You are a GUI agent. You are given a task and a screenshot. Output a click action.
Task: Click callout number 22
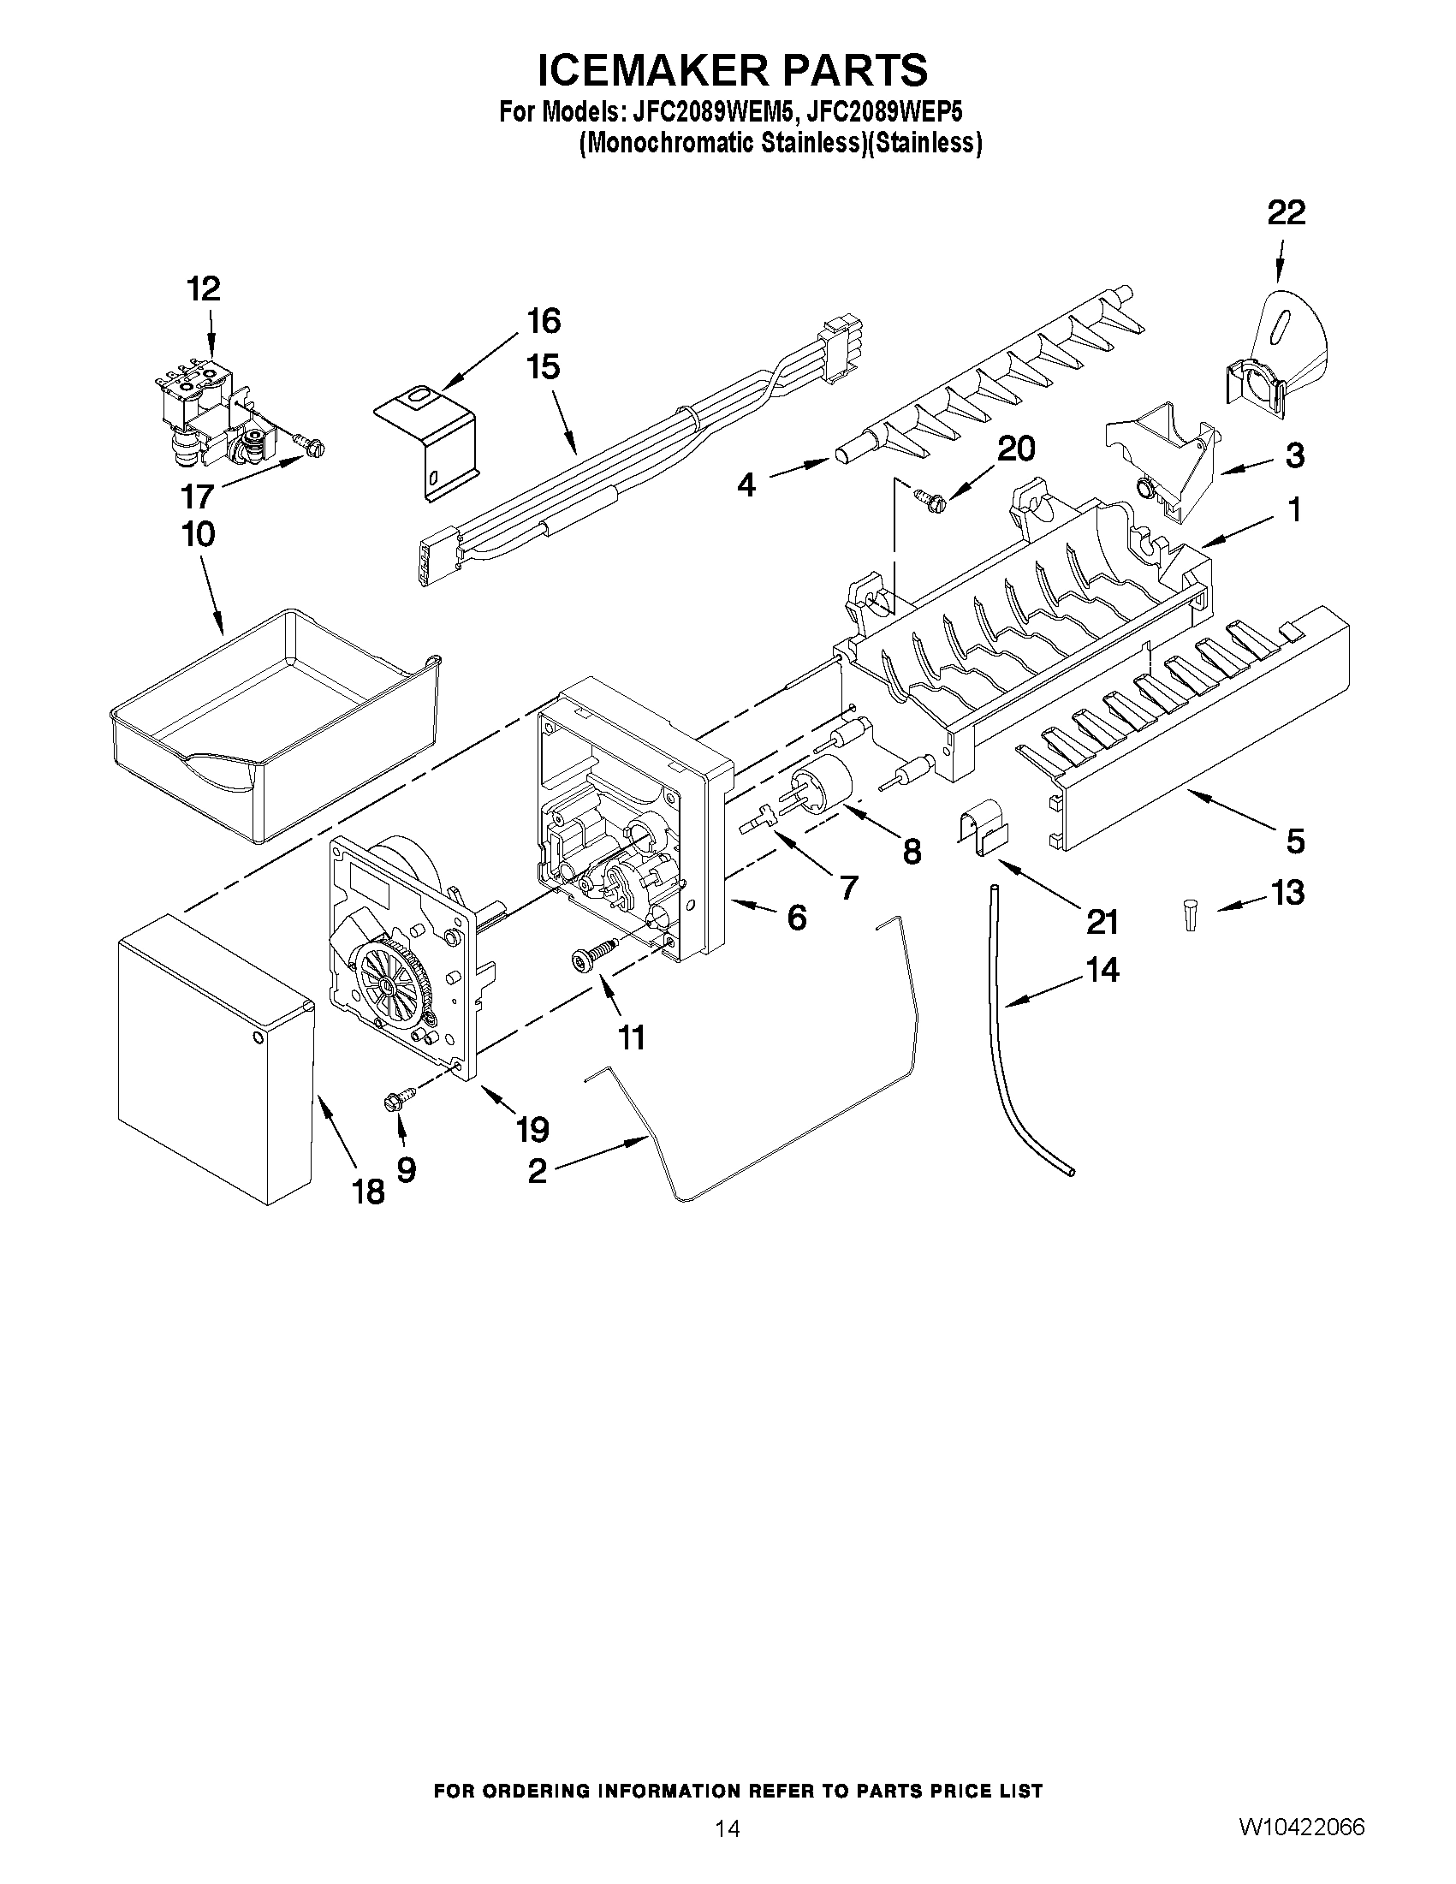coord(1286,213)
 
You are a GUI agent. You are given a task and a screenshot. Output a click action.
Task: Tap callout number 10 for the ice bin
coord(199,534)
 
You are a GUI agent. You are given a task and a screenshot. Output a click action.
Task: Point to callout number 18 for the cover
coord(368,1192)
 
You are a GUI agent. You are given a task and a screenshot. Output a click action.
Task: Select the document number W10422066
coord(1303,1827)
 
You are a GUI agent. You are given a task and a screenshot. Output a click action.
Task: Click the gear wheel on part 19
coord(395,984)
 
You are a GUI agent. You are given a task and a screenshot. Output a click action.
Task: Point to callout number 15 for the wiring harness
coord(544,367)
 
